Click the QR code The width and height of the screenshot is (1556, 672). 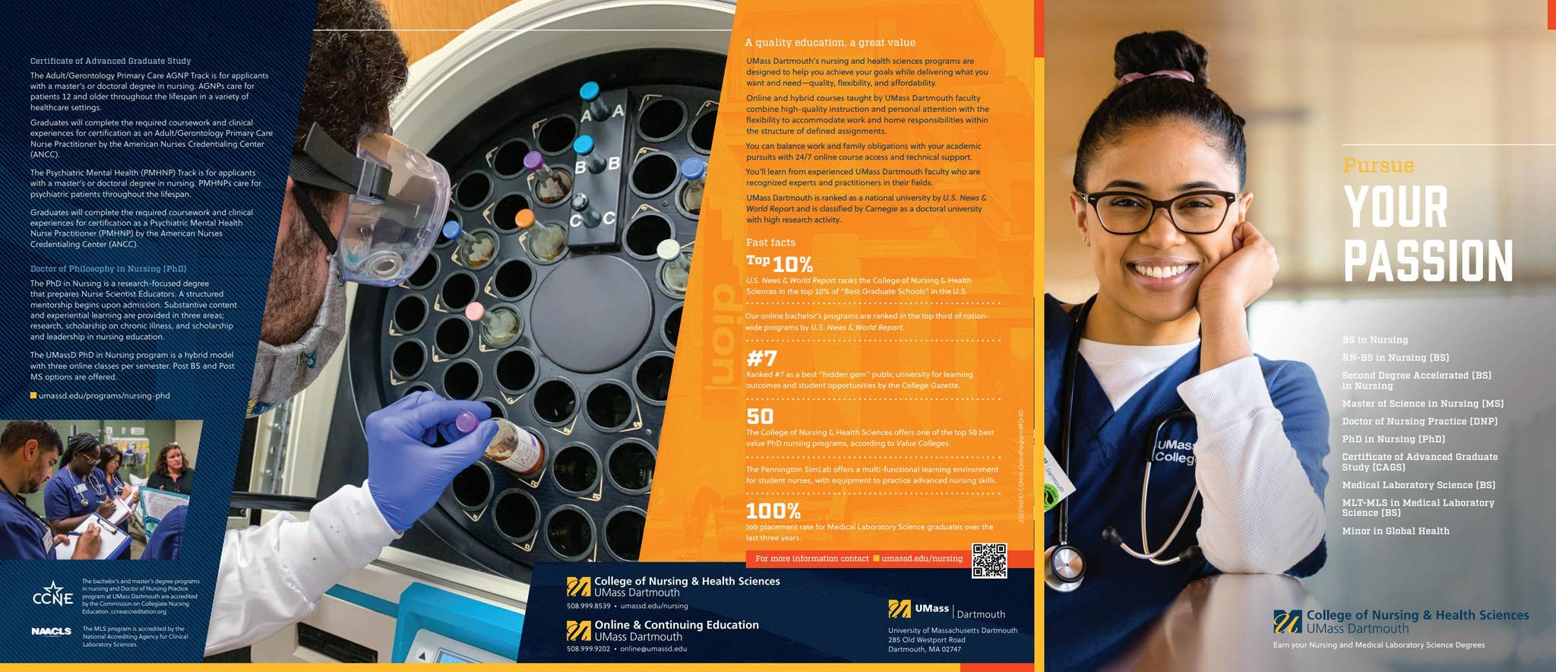tap(988, 560)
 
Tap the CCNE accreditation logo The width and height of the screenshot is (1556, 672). tap(52, 595)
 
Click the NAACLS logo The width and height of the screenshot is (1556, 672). tap(52, 631)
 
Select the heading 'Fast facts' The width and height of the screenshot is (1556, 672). tap(770, 242)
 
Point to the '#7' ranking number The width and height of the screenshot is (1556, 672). tap(761, 357)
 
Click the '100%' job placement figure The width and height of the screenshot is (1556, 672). tap(773, 510)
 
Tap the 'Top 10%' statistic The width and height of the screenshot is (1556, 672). tap(780, 264)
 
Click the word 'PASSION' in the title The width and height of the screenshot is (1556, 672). tap(1428, 262)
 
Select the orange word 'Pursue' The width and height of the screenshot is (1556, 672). tap(1378, 166)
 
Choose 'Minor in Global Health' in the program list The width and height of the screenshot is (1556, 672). tap(1395, 531)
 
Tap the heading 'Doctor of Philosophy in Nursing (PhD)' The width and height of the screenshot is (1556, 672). tap(108, 268)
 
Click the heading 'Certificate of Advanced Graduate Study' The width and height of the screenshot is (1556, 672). tap(110, 61)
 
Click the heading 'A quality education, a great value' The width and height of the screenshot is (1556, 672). tap(830, 43)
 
